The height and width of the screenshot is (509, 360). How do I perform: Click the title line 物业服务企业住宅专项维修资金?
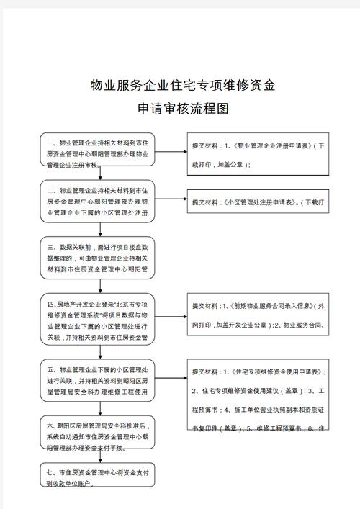pos(182,86)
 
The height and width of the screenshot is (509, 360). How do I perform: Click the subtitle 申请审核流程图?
pos(182,109)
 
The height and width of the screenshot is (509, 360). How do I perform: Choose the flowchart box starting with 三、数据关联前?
pos(97,258)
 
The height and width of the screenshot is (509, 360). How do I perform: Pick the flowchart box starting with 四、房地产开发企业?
pos(97,317)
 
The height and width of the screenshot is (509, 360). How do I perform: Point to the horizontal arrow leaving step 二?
pos(171,201)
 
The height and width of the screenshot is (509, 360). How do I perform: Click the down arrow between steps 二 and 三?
pos(97,230)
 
